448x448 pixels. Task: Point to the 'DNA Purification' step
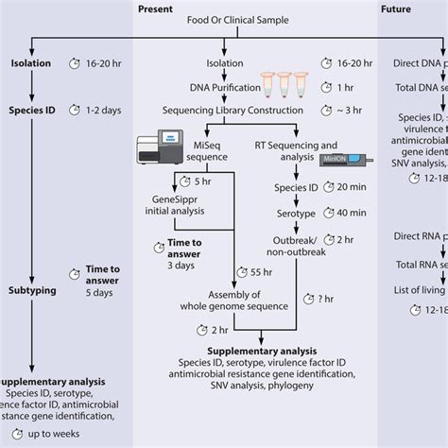[213, 87]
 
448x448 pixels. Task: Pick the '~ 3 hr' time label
[363, 110]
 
